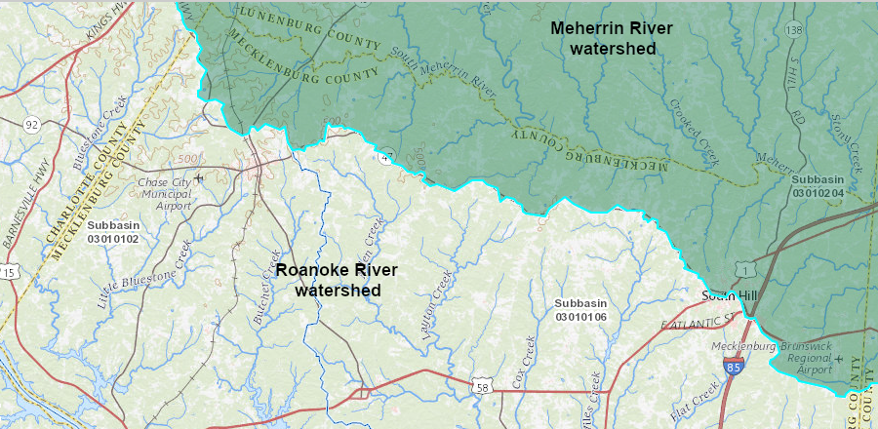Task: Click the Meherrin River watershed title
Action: click(x=612, y=37)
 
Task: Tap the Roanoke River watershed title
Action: click(x=337, y=279)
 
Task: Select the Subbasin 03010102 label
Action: click(x=113, y=231)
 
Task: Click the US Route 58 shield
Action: click(x=482, y=388)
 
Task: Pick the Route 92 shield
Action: click(x=32, y=124)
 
